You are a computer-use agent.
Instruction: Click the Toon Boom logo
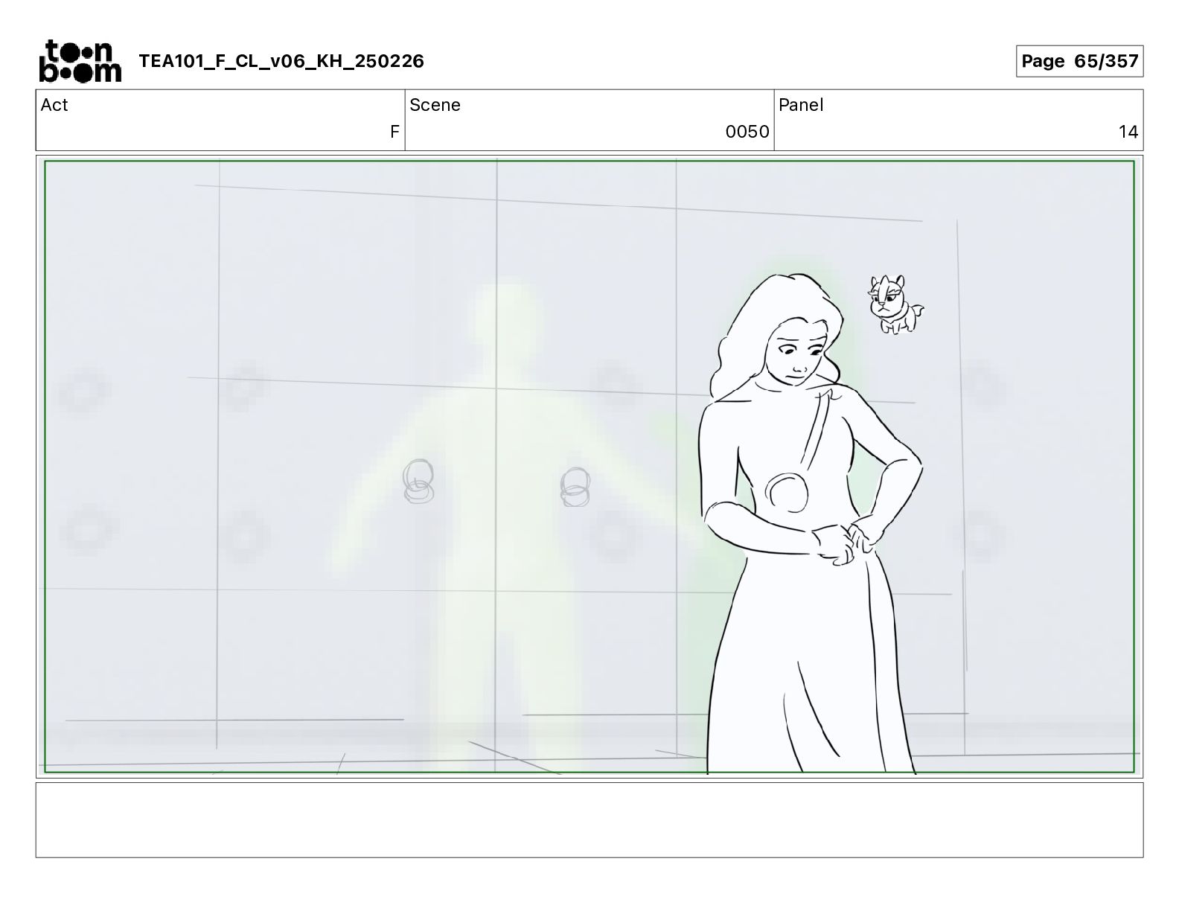[80, 61]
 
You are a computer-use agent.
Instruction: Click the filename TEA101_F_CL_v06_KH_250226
[281, 61]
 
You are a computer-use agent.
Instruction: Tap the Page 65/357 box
[1079, 61]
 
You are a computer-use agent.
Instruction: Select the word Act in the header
[54, 105]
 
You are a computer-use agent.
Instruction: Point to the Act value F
[394, 132]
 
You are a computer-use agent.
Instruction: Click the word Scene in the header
[435, 105]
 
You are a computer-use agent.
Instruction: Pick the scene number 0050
[747, 132]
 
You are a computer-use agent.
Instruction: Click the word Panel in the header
[801, 105]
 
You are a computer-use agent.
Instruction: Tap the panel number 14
[1128, 132]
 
